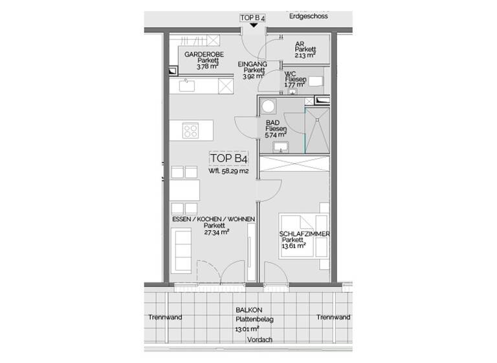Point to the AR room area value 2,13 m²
coord(305,56)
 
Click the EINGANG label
coord(252,65)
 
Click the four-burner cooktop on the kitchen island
coord(192,131)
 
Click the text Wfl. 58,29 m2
coord(228,172)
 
